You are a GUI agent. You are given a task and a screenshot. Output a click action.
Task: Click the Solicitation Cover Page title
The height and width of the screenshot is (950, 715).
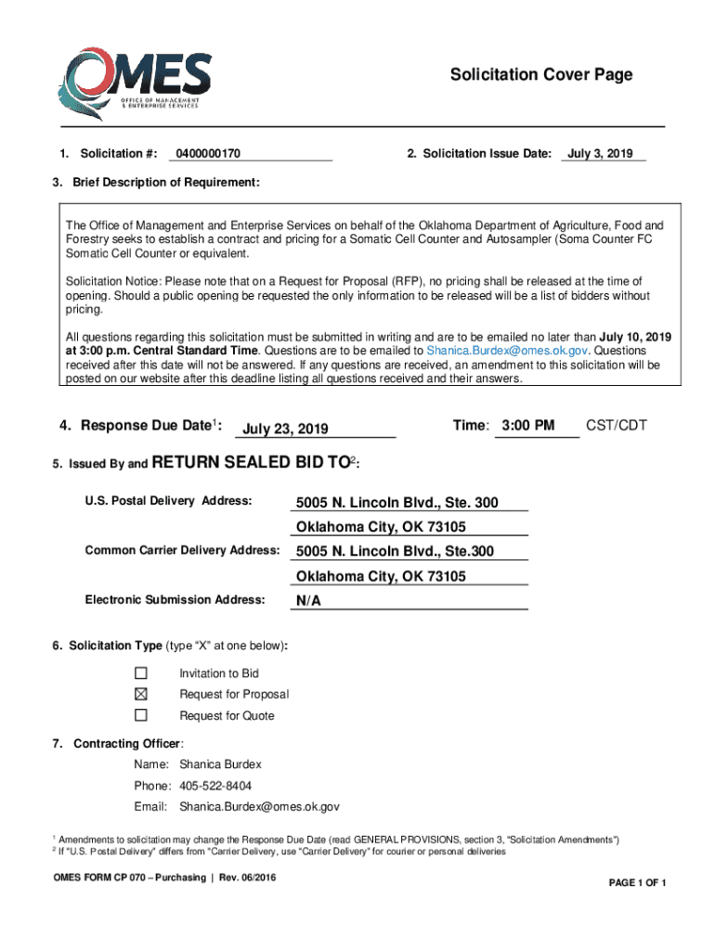(x=541, y=74)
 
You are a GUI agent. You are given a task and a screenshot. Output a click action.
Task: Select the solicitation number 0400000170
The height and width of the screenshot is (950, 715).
(x=208, y=153)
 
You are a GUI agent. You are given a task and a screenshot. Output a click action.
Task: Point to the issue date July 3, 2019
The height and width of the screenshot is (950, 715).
(x=600, y=153)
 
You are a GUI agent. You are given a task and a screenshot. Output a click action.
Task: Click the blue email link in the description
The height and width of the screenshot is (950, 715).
(x=507, y=351)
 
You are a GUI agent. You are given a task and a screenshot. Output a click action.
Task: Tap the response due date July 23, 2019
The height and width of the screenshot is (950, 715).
(x=285, y=429)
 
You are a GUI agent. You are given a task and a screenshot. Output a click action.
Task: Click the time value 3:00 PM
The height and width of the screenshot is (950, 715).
(x=527, y=426)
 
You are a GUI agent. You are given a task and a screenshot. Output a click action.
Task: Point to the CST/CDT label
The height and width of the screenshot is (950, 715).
(x=617, y=426)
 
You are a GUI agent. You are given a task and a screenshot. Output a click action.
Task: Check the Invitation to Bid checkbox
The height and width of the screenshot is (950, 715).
(x=141, y=673)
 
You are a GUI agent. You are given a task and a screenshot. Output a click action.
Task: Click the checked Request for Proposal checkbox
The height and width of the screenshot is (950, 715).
(x=141, y=694)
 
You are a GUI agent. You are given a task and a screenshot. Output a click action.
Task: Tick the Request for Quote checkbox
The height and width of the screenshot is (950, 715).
(x=141, y=715)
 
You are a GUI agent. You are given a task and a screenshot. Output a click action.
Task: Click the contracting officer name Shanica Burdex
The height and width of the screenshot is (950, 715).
(x=220, y=764)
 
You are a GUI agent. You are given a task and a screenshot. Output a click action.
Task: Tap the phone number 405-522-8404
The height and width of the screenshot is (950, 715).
(x=215, y=786)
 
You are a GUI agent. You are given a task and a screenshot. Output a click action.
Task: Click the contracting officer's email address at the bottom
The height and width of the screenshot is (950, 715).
(x=259, y=807)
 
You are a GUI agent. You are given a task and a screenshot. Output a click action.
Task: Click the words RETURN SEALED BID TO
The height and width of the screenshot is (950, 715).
(x=249, y=462)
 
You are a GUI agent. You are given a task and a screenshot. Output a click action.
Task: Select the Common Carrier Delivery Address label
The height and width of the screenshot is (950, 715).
(x=182, y=551)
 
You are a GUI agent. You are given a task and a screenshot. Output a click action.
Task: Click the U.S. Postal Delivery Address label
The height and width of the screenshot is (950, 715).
(x=168, y=502)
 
